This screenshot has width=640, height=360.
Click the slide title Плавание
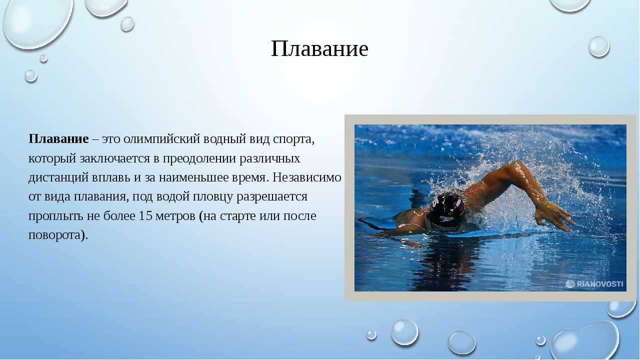[319, 49]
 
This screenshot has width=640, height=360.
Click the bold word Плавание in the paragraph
[58, 139]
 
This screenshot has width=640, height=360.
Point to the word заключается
[114, 158]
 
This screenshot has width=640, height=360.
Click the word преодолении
[199, 159]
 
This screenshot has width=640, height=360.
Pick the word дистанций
[58, 178]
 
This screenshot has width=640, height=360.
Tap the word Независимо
[307, 177]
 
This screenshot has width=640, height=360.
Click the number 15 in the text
[145, 215]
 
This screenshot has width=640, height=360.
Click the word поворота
[54, 235]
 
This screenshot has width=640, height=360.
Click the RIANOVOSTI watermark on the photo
[594, 284]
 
